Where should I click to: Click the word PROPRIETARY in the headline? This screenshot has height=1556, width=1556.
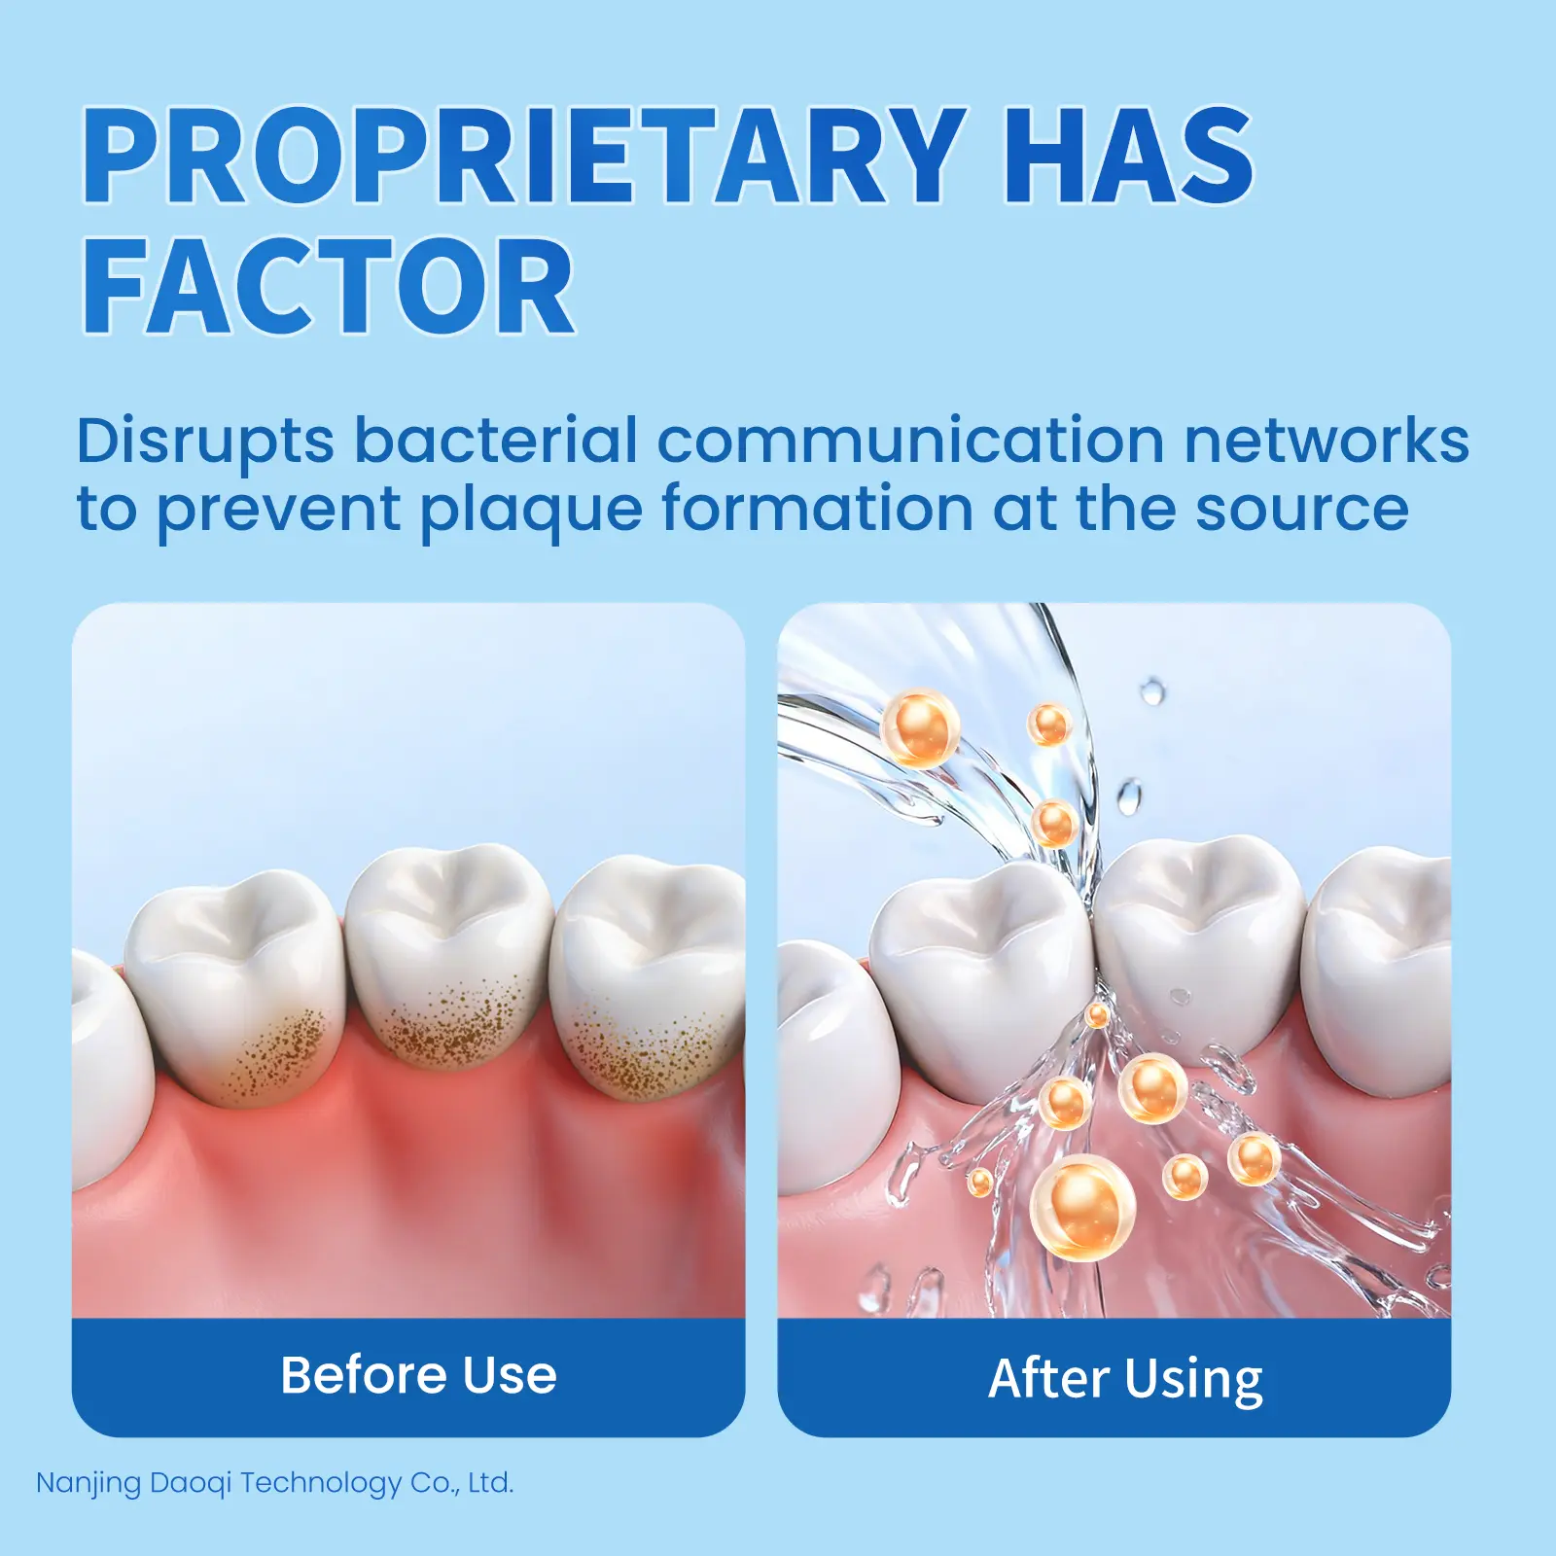[525, 156]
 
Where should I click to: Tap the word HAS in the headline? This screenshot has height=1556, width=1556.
[1128, 156]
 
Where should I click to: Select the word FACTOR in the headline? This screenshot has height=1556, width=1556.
[329, 287]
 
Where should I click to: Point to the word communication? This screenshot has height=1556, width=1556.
[910, 441]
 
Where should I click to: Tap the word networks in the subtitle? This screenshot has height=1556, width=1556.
[1326, 441]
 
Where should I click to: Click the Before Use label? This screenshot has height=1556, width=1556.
[418, 1375]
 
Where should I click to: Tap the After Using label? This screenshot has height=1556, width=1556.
[1125, 1380]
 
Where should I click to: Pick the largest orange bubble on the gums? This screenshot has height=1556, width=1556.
[1082, 1209]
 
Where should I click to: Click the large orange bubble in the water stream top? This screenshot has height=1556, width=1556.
[920, 727]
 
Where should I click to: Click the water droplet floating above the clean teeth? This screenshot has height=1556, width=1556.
[1152, 691]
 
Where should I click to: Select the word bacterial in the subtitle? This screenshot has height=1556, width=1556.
[496, 441]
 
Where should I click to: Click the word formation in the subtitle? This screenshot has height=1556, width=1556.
[818, 509]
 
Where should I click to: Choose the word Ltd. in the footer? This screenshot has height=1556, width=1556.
[490, 1483]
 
